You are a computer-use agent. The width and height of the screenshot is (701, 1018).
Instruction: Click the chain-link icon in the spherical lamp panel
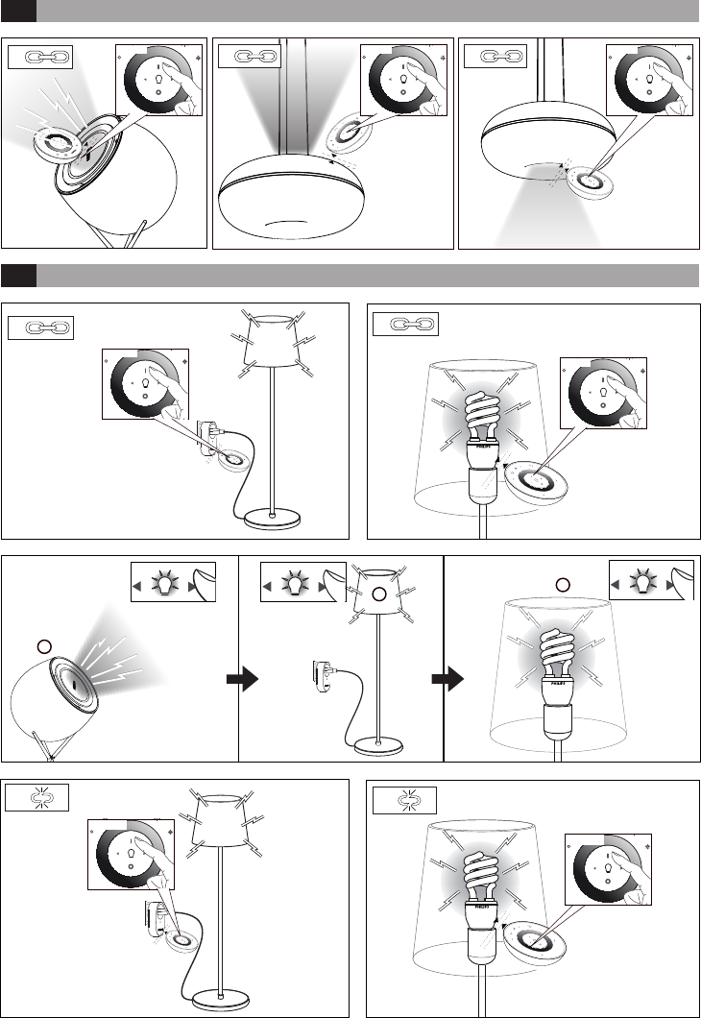38,58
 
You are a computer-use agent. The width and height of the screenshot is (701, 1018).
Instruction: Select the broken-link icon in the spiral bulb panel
404,799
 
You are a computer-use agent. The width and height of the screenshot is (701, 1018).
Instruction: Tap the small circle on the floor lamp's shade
380,595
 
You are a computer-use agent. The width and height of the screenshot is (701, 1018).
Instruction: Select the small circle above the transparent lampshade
565,584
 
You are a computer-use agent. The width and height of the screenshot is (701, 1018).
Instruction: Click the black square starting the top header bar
18,12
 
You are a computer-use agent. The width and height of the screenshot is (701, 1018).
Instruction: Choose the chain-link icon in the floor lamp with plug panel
40,327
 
